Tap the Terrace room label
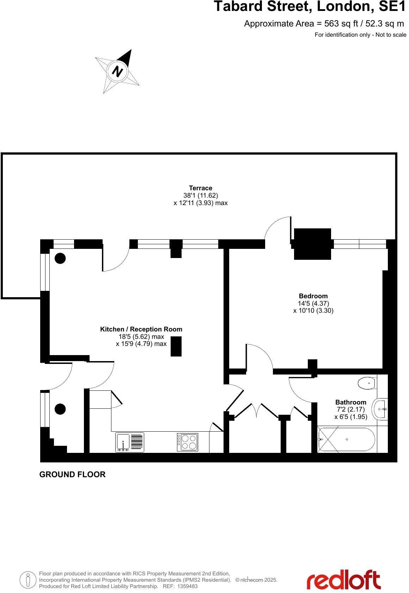tap(200, 188)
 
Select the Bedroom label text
tap(313, 296)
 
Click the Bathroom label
tap(350, 402)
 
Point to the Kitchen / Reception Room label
tap(141, 329)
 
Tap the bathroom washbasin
tap(381, 409)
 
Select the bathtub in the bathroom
tap(347, 439)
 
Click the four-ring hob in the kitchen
tap(187, 442)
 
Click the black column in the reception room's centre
tap(176, 346)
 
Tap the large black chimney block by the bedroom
tap(312, 244)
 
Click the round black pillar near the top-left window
tap(60, 259)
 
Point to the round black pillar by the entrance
tap(60, 409)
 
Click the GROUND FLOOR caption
tap(72, 474)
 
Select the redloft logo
tap(343, 579)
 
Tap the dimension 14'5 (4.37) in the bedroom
tap(313, 304)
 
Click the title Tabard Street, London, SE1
tap(310, 6)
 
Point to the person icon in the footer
tap(28, 579)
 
